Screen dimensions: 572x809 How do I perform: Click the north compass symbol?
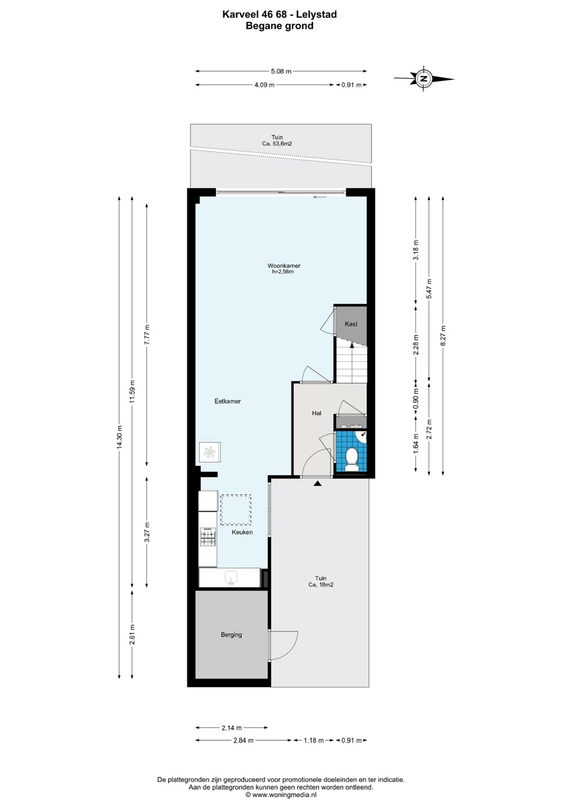[x=425, y=79]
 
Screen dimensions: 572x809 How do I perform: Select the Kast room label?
[x=351, y=324]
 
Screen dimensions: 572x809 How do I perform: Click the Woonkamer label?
[x=284, y=266]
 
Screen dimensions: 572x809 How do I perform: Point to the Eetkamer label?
[x=228, y=401]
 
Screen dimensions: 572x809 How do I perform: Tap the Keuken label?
[x=242, y=532]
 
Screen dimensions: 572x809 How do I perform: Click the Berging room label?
[x=231, y=635]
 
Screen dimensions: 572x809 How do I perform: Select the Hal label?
[x=317, y=413]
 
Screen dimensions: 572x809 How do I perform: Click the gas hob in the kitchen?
[x=208, y=537]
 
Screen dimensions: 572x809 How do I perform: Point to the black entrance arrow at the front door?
[x=317, y=483]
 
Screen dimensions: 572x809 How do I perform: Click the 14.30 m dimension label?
[x=119, y=437]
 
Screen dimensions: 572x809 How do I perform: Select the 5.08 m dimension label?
[x=281, y=71]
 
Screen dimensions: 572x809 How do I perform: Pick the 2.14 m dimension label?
[x=232, y=728]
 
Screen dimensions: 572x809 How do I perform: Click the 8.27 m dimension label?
[x=443, y=336]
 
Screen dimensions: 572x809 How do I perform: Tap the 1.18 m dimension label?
[x=314, y=740]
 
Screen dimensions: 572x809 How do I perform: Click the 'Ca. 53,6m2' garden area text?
[x=277, y=143]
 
